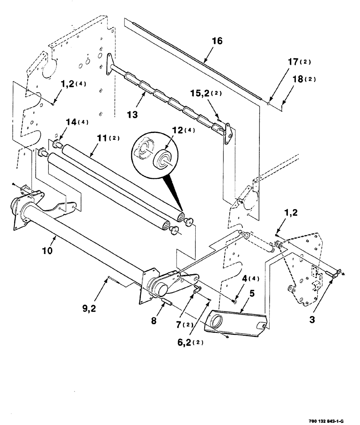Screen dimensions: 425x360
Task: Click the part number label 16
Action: coord(217,41)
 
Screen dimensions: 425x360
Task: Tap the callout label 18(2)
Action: coord(304,79)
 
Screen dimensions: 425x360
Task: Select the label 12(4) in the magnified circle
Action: coord(183,130)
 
